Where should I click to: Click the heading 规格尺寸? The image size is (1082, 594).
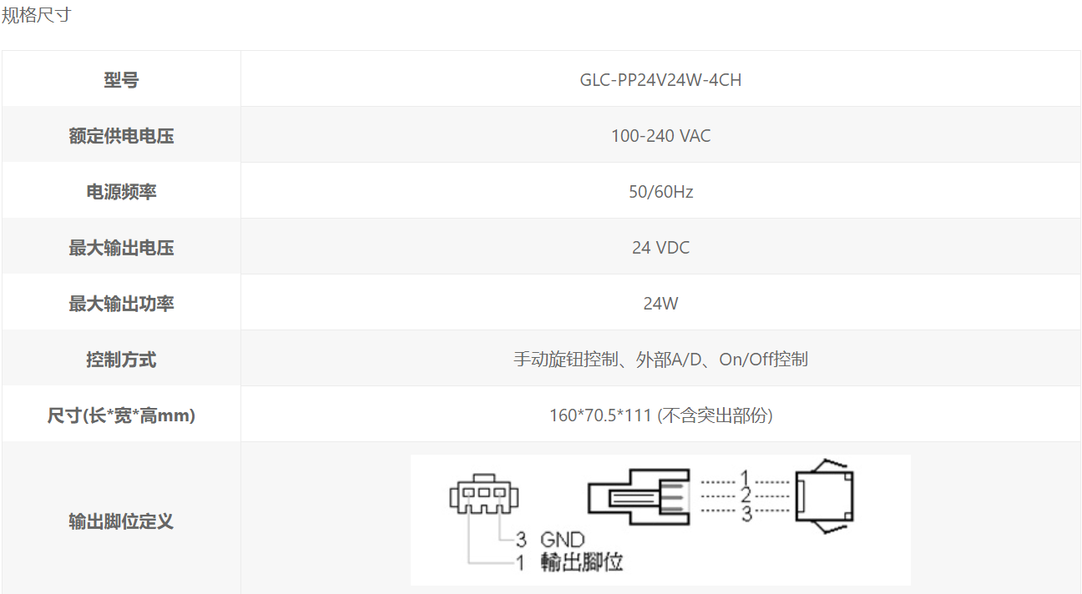click(x=37, y=15)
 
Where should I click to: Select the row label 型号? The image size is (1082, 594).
click(x=121, y=79)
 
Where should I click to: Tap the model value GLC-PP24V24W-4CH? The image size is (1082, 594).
click(x=660, y=79)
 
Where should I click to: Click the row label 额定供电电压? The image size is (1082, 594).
click(x=121, y=136)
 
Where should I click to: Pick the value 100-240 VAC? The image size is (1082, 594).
click(x=660, y=136)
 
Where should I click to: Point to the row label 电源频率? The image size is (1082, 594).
click(x=121, y=192)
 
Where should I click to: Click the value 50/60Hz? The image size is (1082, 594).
click(x=660, y=192)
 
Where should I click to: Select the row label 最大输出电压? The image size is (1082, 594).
click(x=121, y=248)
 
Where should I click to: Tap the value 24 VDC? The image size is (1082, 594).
click(x=660, y=248)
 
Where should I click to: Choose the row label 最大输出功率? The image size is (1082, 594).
click(x=121, y=304)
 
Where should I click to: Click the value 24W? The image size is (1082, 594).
click(x=660, y=304)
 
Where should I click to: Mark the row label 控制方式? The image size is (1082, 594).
click(x=121, y=360)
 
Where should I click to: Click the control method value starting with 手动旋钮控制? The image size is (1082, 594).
click(x=660, y=360)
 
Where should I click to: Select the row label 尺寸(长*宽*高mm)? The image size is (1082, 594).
click(x=121, y=415)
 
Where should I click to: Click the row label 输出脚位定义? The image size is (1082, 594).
click(x=121, y=521)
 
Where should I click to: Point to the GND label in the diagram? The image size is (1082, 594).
click(x=562, y=540)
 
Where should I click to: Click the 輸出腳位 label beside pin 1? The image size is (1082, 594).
click(x=582, y=562)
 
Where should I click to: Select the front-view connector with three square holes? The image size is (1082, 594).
click(x=484, y=494)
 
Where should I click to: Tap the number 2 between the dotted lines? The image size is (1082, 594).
click(x=746, y=495)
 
